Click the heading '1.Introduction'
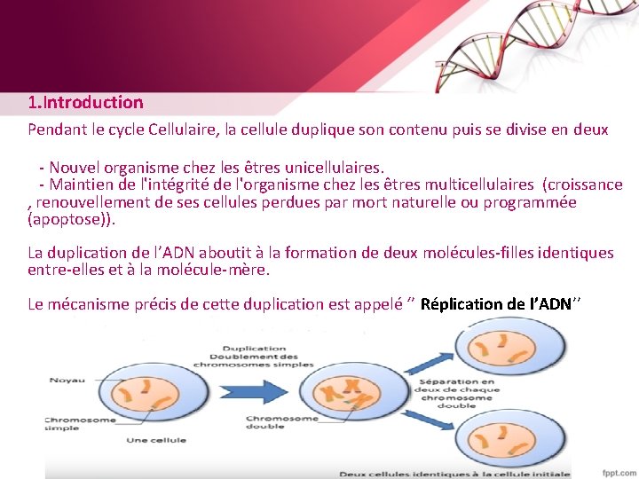85,103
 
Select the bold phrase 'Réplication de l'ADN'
496,304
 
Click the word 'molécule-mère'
221,269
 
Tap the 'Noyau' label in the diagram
67,380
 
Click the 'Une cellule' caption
156,440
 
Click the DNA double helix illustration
524,44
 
